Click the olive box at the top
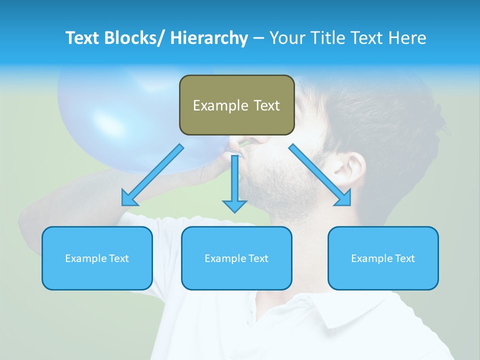click(236, 105)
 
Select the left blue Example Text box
click(97, 258)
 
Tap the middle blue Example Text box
click(236, 258)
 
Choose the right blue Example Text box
click(383, 258)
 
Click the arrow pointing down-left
click(152, 175)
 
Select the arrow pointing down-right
click(320, 175)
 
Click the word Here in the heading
click(406, 38)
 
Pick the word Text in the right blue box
click(404, 258)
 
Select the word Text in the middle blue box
click(258, 258)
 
